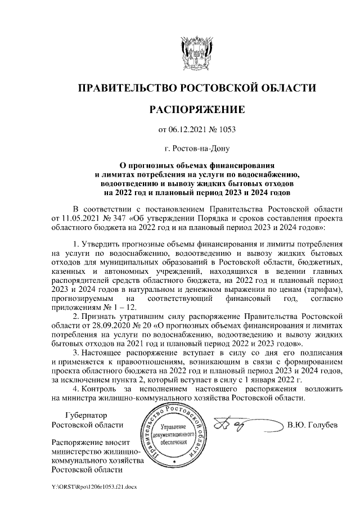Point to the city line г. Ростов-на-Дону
tap(196, 149)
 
